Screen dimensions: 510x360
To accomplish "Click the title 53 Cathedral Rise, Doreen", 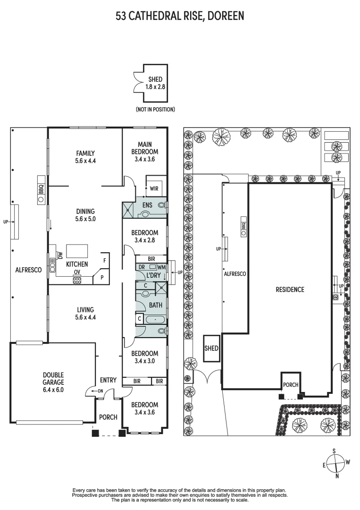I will coord(180,16).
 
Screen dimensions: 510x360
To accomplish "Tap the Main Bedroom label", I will coord(145,148).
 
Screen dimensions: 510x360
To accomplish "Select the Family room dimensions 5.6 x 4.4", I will coord(85,161).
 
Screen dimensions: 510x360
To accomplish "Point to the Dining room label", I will coord(85,211).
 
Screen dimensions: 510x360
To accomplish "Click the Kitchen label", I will coord(77,264).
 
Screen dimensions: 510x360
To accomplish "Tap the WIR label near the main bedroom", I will coord(154,188).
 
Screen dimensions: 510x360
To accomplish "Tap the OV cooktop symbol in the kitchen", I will coord(77,279).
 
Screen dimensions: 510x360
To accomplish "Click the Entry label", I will coord(108,380).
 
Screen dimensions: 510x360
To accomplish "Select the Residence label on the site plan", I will coord(290,289).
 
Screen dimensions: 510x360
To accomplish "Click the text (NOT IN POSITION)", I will coord(155,110).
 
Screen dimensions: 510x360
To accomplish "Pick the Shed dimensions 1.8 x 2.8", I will coord(155,87).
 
